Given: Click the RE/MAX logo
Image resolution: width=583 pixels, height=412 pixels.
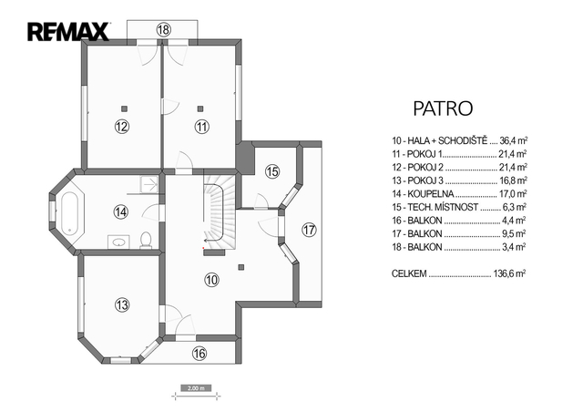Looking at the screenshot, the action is [68, 32].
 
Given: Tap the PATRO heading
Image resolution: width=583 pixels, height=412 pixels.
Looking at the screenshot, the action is [443, 108].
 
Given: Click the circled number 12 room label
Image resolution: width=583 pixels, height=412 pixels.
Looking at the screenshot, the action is [121, 127].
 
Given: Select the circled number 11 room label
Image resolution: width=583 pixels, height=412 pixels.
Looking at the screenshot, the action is [202, 127].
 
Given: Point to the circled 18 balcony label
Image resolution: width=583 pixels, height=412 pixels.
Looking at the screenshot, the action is [163, 29].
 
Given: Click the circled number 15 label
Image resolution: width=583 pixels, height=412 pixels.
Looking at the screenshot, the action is [272, 171].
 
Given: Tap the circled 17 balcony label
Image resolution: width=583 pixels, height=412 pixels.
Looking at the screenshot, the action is [309, 230].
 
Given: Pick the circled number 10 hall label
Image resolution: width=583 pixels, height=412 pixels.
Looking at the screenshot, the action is [212, 280].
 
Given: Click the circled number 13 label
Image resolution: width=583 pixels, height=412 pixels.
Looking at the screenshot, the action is [122, 304].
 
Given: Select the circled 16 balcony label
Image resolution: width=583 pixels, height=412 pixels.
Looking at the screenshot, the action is [199, 353].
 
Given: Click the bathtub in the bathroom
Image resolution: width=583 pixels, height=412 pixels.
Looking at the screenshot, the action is [69, 213].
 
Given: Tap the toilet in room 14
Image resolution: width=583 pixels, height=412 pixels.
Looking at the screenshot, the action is [146, 241].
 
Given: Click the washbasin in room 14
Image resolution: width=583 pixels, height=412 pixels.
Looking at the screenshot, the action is [118, 242].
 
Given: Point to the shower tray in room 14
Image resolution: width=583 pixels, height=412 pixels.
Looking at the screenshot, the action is [149, 183].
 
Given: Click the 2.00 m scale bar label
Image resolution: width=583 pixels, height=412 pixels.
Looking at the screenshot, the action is [196, 388].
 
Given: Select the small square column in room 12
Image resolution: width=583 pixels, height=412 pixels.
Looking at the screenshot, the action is [124, 108].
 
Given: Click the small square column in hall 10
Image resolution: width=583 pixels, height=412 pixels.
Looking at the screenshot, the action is [241, 267].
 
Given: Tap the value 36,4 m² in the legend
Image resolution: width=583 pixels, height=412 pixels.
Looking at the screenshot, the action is [514, 140].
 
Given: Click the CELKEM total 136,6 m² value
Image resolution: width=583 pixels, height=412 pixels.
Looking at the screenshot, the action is [509, 273].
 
